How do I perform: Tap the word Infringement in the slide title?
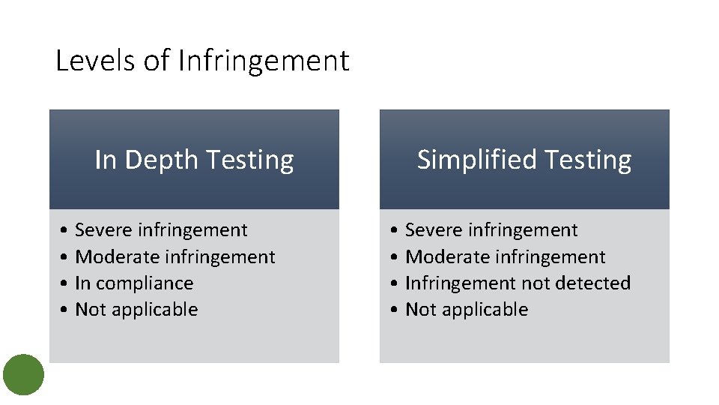coord(264,61)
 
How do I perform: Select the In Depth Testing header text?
coord(194,160)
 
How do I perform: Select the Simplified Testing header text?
coord(524,160)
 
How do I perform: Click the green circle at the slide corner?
coord(24,374)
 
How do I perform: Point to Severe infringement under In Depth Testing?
coord(161,230)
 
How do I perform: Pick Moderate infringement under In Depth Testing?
coord(175,257)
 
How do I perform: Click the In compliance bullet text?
coord(134,283)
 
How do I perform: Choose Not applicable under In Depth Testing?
coord(136,310)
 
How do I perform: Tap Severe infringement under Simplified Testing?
coord(491,230)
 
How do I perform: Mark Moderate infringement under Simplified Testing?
coord(505,257)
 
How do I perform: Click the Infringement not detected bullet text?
coord(518,283)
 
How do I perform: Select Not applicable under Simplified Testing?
coord(467,310)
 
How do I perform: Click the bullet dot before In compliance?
coord(67,283)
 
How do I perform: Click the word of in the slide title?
coord(157,61)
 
